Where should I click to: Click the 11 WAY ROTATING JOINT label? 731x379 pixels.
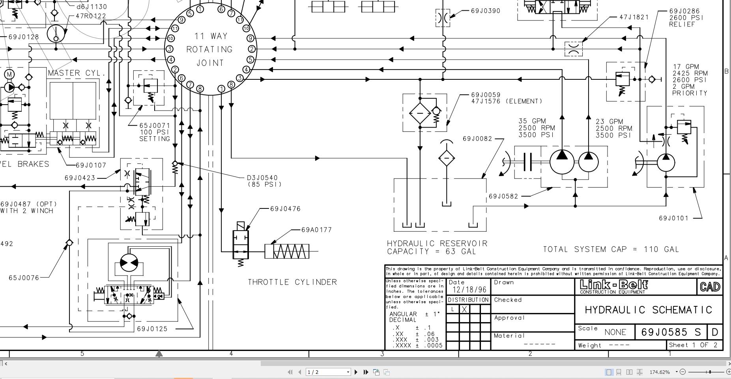coord(210,49)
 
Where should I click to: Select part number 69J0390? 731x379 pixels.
coord(485,11)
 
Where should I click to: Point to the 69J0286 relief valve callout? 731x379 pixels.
coord(686,18)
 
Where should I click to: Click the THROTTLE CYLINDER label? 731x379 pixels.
coord(292,282)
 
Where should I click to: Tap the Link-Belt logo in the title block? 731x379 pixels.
coord(613,286)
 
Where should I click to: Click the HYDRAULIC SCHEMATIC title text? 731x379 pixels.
coord(648,310)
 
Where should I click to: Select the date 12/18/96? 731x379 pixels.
coord(469,290)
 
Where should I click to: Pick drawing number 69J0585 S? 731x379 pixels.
coord(671,332)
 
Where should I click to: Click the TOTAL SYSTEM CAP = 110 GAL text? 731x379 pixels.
coord(611,250)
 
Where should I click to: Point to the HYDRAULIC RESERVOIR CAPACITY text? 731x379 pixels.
coord(437,248)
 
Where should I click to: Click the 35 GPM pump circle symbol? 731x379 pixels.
coord(562,162)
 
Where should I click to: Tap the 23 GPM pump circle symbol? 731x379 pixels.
coord(588,162)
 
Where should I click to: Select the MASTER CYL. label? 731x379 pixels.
coord(77,73)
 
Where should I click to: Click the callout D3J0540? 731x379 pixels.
coord(262,178)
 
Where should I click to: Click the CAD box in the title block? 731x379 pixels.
coord(710,287)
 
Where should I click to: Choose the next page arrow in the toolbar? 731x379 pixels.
coord(356,372)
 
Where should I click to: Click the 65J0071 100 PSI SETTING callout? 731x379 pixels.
coord(154,132)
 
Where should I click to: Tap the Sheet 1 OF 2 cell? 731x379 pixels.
coord(694,345)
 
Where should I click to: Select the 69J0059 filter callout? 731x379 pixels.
coord(486,95)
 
